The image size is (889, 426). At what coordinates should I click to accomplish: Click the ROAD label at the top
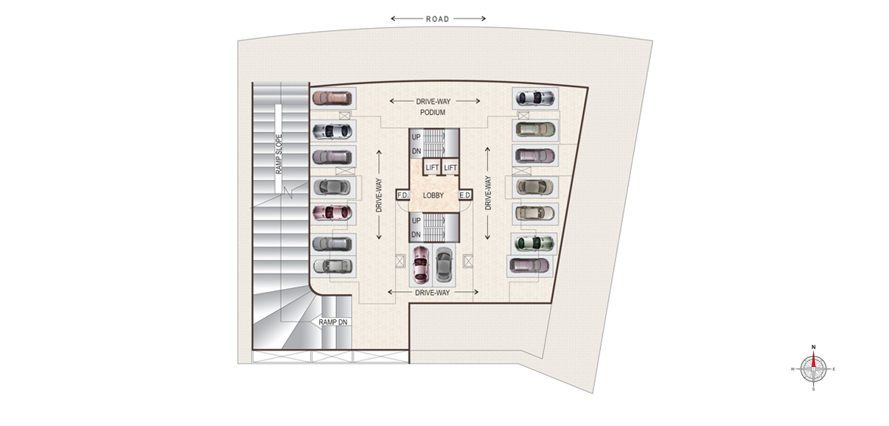point(437,19)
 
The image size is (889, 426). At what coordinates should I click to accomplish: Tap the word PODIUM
point(433,113)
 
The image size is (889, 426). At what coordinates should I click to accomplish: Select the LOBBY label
point(433,195)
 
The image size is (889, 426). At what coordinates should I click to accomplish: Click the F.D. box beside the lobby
point(402,195)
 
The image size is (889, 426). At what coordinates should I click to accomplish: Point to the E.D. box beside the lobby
point(465,195)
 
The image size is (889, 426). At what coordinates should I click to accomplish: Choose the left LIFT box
point(432,168)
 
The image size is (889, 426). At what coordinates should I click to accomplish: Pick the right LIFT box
point(450,168)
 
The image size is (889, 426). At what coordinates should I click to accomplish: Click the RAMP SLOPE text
point(279,154)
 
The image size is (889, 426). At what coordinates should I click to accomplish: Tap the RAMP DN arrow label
point(332,322)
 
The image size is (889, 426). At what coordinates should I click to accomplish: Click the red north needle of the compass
point(813,360)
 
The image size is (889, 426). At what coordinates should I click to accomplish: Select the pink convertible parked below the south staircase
point(421,265)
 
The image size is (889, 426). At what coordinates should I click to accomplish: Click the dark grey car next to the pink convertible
point(444,265)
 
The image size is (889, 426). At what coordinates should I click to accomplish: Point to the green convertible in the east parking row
point(534,243)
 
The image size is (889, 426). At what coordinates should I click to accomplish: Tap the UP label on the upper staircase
point(416,137)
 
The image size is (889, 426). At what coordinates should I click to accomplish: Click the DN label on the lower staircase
point(416,235)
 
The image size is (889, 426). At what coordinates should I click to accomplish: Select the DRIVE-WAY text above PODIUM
point(433,102)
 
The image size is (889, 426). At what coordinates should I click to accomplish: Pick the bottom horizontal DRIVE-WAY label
point(433,293)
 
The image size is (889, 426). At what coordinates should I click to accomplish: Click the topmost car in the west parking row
point(332,98)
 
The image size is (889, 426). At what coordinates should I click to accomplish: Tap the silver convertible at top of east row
point(535,98)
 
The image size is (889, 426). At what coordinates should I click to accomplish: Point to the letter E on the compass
point(834,369)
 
